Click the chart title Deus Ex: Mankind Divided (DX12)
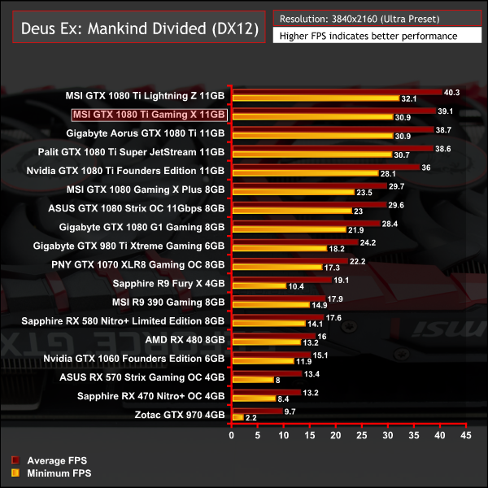pyautogui.click(x=134, y=30)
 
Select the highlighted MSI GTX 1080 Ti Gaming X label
pyautogui.click(x=149, y=115)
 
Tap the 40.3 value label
pyautogui.click(x=451, y=92)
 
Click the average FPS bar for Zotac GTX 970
pyautogui.click(x=257, y=412)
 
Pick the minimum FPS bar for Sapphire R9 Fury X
pyautogui.click(x=259, y=286)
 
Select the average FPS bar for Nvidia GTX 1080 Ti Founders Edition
pyautogui.click(x=326, y=167)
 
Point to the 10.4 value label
pyautogui.click(x=296, y=286)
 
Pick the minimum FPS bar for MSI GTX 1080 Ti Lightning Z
pyautogui.click(x=316, y=100)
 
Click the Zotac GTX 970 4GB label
pyautogui.click(x=175, y=415)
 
